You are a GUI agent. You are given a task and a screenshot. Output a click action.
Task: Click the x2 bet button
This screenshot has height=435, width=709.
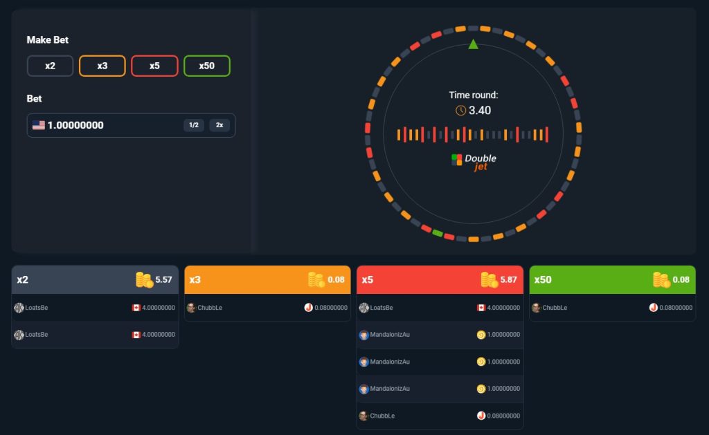click(x=50, y=66)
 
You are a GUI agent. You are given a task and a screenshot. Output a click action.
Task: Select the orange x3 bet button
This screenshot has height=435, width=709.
click(x=102, y=66)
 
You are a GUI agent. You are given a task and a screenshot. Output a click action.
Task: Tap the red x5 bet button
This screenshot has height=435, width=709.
click(x=154, y=66)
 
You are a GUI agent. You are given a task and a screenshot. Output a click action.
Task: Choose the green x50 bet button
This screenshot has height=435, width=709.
click(x=207, y=66)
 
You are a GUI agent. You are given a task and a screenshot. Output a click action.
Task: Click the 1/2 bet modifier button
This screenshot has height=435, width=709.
click(x=194, y=125)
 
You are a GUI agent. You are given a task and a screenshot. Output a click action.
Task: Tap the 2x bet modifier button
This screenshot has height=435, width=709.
click(x=219, y=125)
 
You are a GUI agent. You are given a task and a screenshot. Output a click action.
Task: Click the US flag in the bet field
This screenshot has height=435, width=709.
click(x=38, y=125)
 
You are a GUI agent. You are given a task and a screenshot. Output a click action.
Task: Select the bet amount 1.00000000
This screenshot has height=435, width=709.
click(x=75, y=125)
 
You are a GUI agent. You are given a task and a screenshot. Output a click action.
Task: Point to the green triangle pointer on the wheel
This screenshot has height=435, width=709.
click(x=473, y=44)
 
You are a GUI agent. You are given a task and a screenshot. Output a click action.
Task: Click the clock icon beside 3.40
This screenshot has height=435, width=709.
click(x=460, y=110)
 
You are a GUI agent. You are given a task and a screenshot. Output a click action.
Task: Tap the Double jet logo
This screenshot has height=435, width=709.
click(x=474, y=161)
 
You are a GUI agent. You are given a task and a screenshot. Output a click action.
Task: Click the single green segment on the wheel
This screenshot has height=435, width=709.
click(x=438, y=232)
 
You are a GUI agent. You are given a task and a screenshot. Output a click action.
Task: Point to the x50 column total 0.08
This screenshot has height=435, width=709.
click(x=681, y=279)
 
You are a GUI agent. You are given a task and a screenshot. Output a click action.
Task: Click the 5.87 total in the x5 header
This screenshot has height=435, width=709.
click(x=509, y=279)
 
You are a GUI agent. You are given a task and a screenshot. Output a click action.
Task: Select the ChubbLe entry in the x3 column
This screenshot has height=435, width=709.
click(x=210, y=308)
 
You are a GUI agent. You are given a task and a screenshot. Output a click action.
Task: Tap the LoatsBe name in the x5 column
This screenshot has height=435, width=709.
click(x=382, y=308)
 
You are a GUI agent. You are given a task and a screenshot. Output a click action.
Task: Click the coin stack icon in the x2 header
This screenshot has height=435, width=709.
click(x=144, y=279)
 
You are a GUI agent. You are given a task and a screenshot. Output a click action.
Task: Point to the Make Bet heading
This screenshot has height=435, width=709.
click(x=48, y=40)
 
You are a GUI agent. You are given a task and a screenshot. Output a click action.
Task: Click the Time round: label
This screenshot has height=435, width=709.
click(x=473, y=95)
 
